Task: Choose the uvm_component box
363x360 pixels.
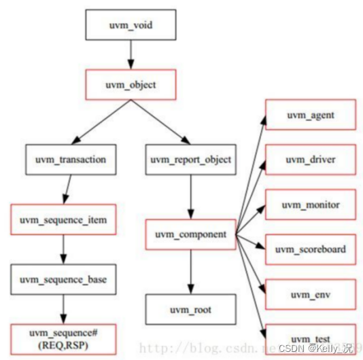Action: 190,234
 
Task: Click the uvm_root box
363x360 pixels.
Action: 190,309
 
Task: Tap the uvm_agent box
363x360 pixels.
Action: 309,115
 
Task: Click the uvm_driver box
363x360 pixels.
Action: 309,160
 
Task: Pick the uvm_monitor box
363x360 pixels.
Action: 309,204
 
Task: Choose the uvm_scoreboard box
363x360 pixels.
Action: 309,249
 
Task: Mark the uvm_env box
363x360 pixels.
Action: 309,293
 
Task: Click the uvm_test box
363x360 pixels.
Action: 309,337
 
